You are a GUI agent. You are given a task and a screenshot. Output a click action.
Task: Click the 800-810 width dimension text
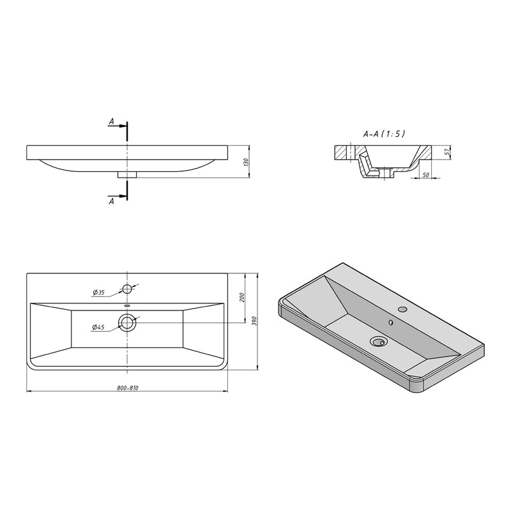(127, 388)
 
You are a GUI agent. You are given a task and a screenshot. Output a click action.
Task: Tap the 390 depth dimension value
(254, 321)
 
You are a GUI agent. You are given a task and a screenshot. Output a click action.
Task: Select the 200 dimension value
(242, 297)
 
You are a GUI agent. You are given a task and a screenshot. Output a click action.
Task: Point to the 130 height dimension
(246, 162)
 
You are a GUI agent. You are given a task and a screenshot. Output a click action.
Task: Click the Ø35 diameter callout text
(98, 293)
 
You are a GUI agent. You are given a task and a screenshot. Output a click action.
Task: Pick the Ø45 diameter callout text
(98, 327)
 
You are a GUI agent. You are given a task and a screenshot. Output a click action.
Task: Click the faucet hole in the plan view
(127, 289)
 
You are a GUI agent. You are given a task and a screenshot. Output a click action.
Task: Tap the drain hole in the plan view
(127, 323)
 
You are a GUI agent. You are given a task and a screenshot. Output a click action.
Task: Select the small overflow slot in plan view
(127, 306)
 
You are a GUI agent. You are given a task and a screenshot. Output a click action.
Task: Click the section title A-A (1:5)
(384, 133)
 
